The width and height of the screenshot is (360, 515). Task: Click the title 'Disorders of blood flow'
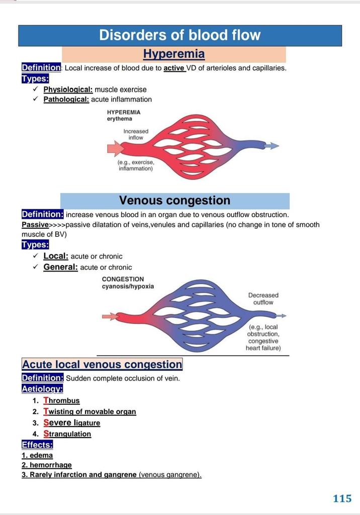click(x=179, y=35)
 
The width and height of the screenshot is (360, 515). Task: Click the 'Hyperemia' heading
click(x=173, y=54)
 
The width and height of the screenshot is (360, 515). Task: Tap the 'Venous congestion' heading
click(x=174, y=201)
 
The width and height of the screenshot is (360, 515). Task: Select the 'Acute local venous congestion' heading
click(x=102, y=365)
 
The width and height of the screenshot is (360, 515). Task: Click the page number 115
click(x=342, y=498)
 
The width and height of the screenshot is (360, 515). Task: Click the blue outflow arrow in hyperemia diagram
click(x=272, y=146)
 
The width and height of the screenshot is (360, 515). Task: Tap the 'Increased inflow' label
click(x=136, y=134)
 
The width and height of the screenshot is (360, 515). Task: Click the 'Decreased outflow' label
click(x=263, y=299)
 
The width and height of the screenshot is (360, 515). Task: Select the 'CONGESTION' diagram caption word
click(x=123, y=279)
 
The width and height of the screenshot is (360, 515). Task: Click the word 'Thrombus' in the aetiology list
click(x=61, y=401)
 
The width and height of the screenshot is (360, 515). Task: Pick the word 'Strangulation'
click(x=67, y=434)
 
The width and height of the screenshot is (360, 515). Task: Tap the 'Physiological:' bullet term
click(x=68, y=90)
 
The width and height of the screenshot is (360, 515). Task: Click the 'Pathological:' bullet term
click(x=66, y=100)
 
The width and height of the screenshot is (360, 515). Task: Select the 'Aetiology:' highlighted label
click(x=42, y=388)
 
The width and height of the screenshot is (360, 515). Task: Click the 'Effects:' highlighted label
click(x=37, y=445)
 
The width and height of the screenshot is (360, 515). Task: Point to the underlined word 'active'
click(x=174, y=68)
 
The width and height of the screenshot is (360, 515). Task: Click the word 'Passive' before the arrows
click(x=35, y=225)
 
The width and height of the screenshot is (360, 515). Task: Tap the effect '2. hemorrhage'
click(x=46, y=465)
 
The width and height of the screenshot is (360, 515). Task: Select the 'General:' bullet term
click(x=60, y=267)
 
